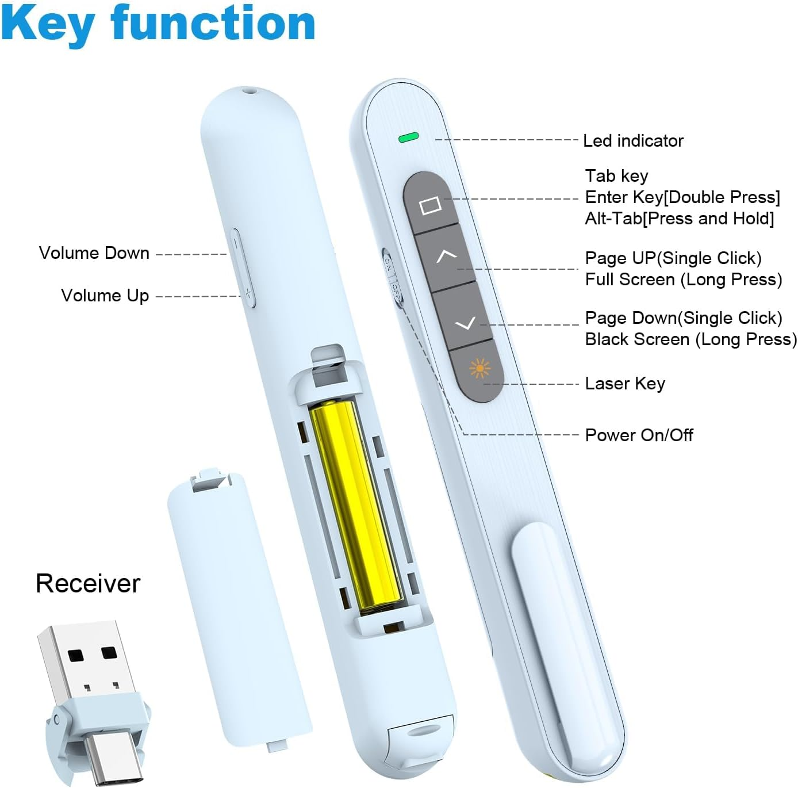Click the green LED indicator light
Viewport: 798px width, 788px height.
point(409,137)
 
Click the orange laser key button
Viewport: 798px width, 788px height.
point(480,368)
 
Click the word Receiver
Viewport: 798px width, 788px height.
point(87,583)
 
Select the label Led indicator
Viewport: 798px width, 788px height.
point(633,141)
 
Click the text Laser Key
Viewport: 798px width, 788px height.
point(625,384)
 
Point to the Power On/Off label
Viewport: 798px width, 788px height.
point(639,435)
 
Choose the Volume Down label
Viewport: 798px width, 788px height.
point(94,253)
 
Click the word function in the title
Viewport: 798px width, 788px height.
point(213,23)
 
